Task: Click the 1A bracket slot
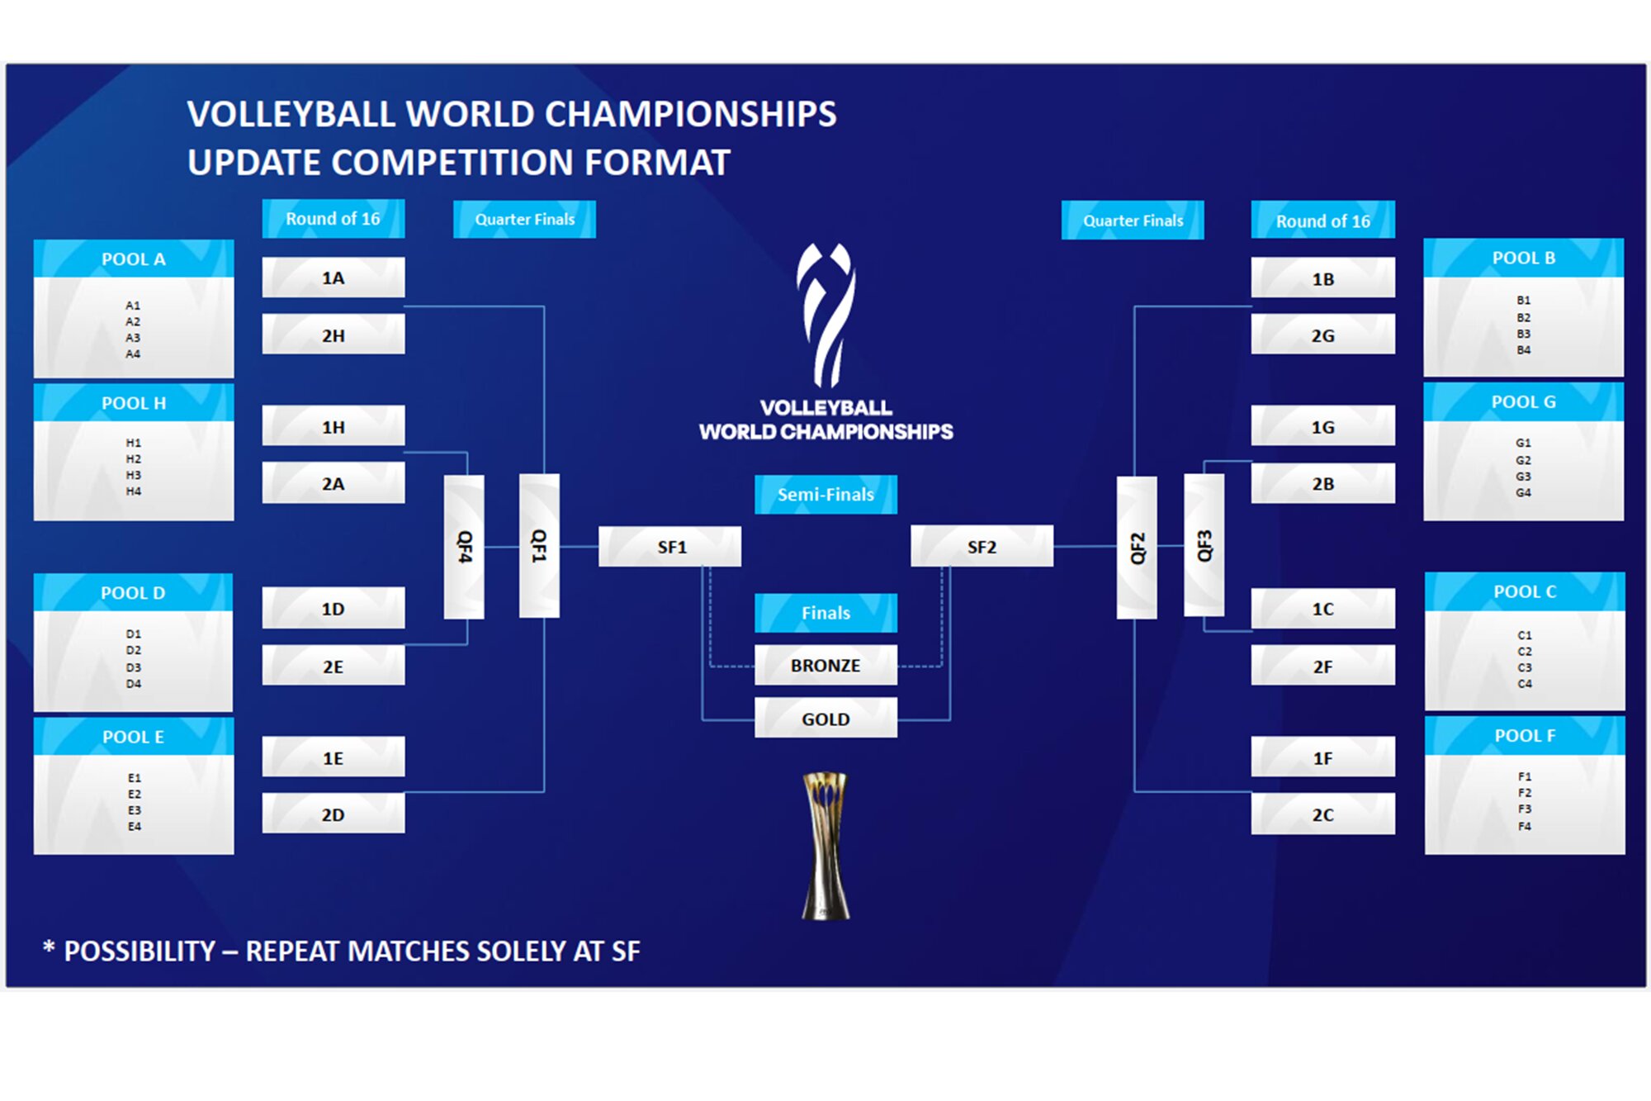pos(333,278)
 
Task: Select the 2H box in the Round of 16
pos(333,335)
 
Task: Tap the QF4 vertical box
pos(464,547)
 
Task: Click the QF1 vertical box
pos(539,546)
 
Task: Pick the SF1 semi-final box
pos(669,547)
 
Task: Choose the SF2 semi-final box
pos(982,547)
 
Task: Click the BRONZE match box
pos(825,666)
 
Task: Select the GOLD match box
pos(825,719)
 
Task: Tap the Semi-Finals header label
pos(825,495)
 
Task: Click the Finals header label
pos(825,613)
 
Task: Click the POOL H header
pos(134,403)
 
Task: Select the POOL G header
pos(1523,402)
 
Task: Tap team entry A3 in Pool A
pos(133,338)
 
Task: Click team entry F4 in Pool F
pos(1524,826)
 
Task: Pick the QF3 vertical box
pos(1204,546)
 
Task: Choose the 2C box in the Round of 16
pos(1322,814)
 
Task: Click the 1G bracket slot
pos(1322,427)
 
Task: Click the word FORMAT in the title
pos(657,163)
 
